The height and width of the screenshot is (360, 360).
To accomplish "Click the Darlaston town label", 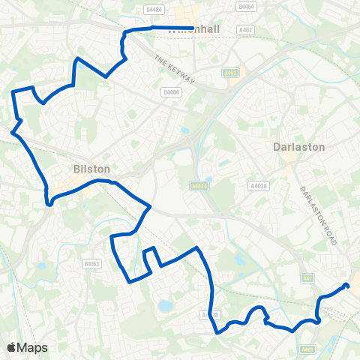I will pos(298,147).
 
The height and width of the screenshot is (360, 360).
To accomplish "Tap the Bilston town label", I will pos(91,169).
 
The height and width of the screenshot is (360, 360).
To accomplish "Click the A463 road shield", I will pos(230,72).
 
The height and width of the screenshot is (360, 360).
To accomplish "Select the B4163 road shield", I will pos(92,264).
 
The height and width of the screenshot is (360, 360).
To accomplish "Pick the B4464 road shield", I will pos(246,6).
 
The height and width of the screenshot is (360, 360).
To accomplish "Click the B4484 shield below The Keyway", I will pos(170,92).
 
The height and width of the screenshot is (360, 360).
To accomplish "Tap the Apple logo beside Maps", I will pos(12,347).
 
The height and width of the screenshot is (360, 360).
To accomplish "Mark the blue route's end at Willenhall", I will pos(193,28).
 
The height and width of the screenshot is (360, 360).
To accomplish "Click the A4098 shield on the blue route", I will pos(211,315).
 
